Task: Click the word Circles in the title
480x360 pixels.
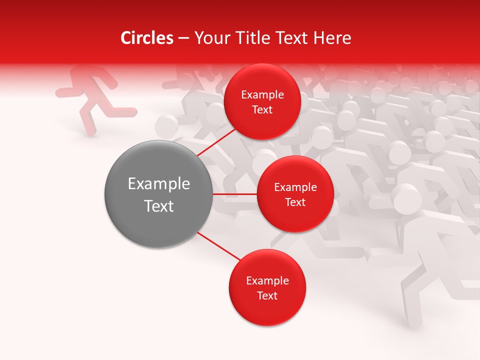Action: pos(146,38)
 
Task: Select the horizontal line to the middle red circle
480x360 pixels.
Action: pos(234,194)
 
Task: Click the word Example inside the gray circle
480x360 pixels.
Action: pos(158,184)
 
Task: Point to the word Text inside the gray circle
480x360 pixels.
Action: pos(158,206)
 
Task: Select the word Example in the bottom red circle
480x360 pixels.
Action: pos(267,280)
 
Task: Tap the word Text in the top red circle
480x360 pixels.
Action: pos(262,110)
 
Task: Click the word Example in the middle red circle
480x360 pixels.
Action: pos(295,187)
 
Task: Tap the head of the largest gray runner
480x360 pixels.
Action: pos(406,198)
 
